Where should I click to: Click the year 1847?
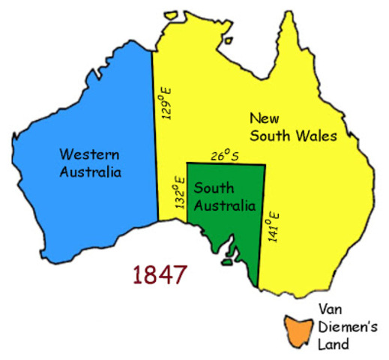point(159,274)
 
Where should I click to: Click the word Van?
point(331,309)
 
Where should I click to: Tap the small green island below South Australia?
point(225,262)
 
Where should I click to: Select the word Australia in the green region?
point(223,207)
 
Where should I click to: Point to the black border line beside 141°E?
point(262,225)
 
